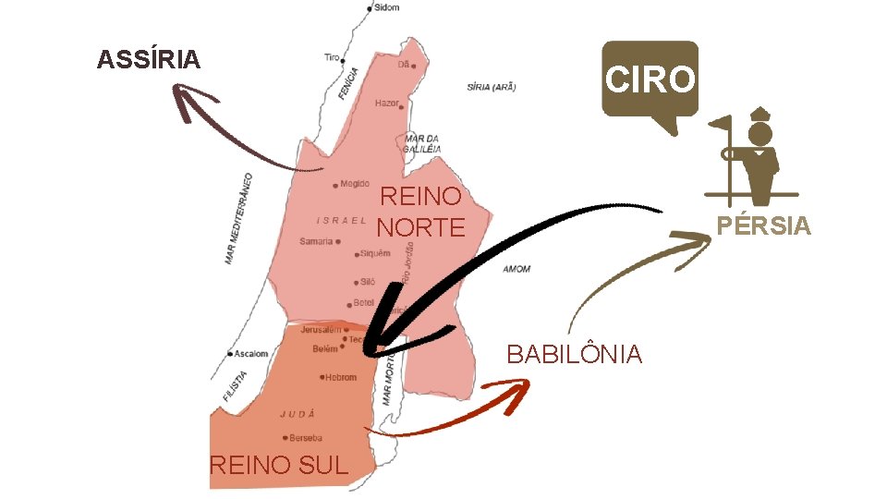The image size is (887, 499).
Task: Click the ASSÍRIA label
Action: pos(149,61)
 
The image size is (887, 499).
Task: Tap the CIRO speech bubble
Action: pos(650,79)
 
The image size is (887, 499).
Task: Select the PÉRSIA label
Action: pos(764,225)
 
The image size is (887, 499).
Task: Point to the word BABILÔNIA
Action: pos(574,354)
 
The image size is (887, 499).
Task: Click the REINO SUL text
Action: pos(279,465)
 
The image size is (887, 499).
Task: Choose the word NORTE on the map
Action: pos(420,226)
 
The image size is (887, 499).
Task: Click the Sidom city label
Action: pos(387,7)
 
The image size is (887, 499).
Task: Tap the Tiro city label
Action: pos(332,57)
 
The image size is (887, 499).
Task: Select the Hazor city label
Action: pos(386,103)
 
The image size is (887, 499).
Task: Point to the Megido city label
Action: pos(354,184)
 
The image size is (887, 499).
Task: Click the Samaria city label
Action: pos(316,241)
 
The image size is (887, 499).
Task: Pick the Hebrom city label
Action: pos(340,377)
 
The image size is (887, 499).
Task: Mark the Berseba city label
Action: pos(305,438)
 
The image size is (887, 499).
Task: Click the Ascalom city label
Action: pos(250,354)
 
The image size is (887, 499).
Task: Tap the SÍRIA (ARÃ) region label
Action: pos(492,88)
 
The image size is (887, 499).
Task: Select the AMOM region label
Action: pos(516,269)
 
